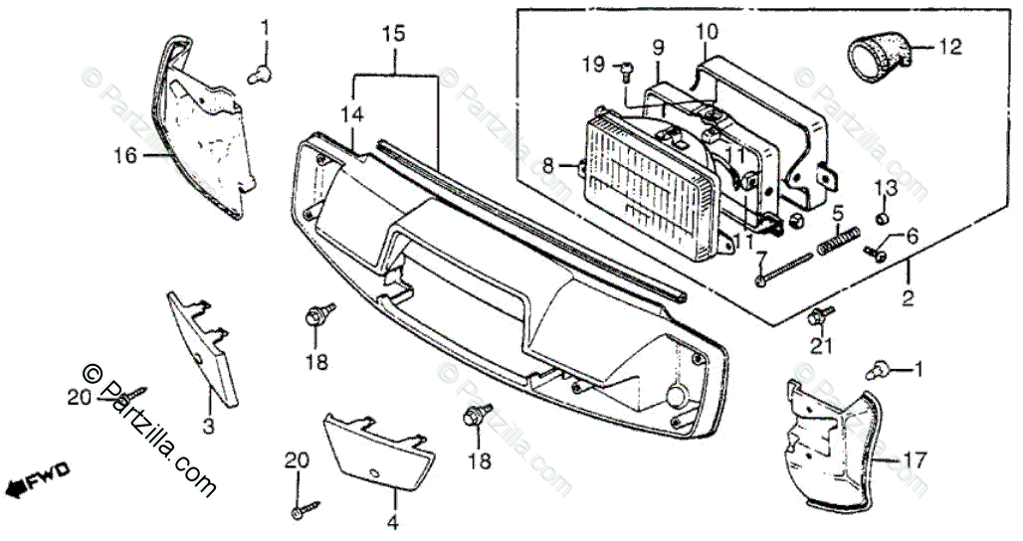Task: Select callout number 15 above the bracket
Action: [393, 34]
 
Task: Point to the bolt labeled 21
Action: [820, 317]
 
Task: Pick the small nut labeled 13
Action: [883, 219]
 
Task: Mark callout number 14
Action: [350, 115]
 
